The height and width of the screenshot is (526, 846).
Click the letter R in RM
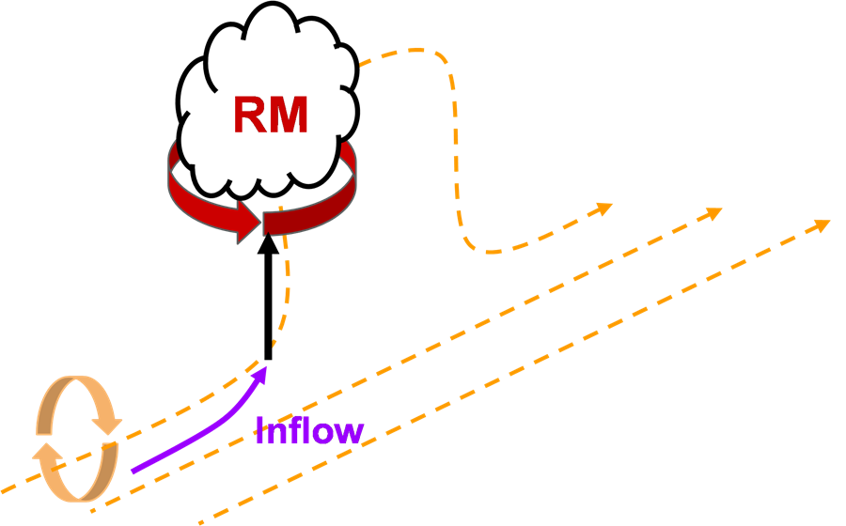point(250,115)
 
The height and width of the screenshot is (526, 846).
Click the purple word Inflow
point(309,429)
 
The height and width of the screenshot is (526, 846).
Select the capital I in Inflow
point(260,429)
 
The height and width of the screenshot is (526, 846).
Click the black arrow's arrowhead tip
point(268,233)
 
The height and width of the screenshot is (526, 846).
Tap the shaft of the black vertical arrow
point(268,306)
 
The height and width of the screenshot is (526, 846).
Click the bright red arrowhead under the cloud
point(249,222)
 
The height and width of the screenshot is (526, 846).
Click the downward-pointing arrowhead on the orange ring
point(107,425)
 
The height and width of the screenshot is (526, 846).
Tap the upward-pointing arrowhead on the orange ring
point(48,452)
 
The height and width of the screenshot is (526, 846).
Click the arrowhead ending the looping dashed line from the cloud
point(603,209)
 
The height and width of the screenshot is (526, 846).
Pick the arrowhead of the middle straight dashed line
point(713,213)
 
